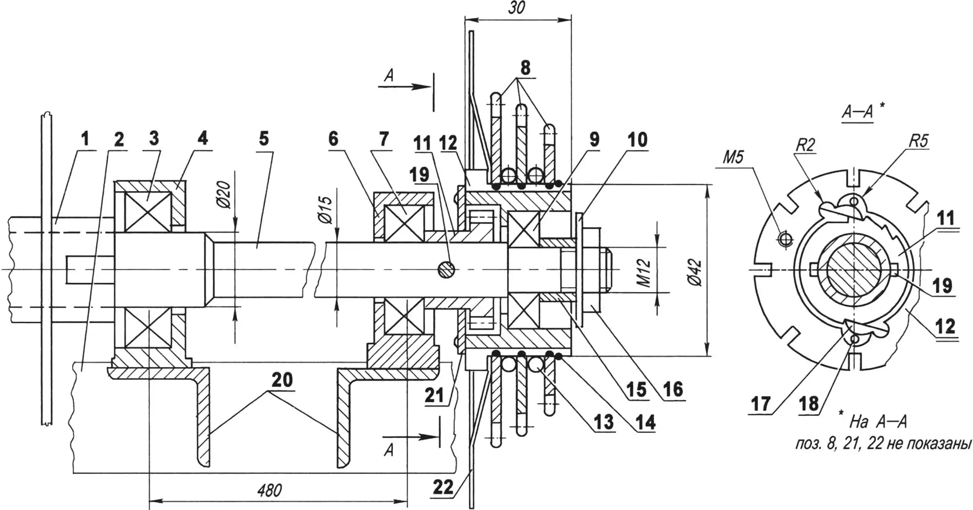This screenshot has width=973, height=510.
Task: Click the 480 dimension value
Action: [x=270, y=490]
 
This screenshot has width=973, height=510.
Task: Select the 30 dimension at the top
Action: [x=517, y=8]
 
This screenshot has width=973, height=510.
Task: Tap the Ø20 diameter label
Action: [x=225, y=195]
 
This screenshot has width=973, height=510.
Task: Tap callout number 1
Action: [x=85, y=138]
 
